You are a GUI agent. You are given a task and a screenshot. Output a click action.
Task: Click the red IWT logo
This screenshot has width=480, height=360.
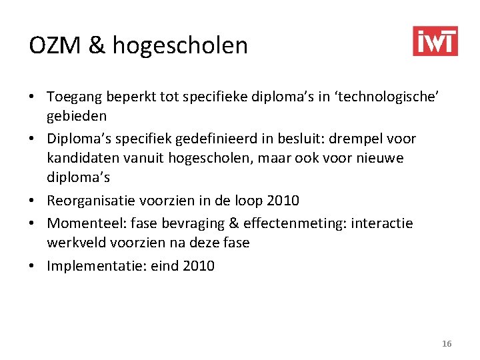click(x=435, y=41)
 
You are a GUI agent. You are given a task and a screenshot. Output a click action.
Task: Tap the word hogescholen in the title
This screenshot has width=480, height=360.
click(x=180, y=46)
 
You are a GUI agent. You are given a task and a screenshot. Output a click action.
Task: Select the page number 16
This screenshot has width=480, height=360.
click(x=447, y=343)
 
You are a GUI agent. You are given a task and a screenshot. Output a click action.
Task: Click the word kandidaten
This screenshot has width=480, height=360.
click(x=83, y=159)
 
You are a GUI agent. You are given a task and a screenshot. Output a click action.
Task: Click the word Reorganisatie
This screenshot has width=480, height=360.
click(x=89, y=200)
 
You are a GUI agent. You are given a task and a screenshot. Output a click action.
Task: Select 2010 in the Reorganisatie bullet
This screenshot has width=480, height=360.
click(x=283, y=200)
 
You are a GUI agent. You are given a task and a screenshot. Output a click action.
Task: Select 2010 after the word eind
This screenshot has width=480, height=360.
click(x=198, y=266)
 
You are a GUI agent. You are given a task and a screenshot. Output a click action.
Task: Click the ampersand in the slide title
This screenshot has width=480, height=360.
click(x=96, y=45)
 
